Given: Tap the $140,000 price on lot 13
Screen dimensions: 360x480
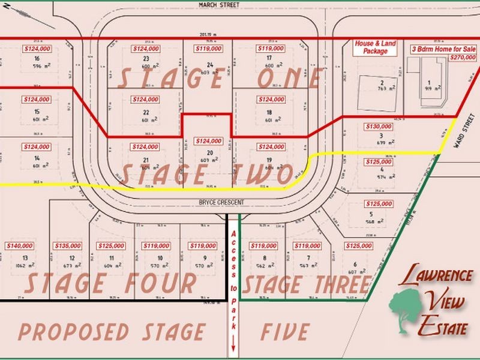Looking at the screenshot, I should click(20, 245).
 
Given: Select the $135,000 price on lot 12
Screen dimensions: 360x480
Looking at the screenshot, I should click(67, 245).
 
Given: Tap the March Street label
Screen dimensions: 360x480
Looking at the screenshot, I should click(219, 5).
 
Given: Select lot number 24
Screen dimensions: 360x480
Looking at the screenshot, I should click(209, 64).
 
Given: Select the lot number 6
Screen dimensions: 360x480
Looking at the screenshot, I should click(356, 264).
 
